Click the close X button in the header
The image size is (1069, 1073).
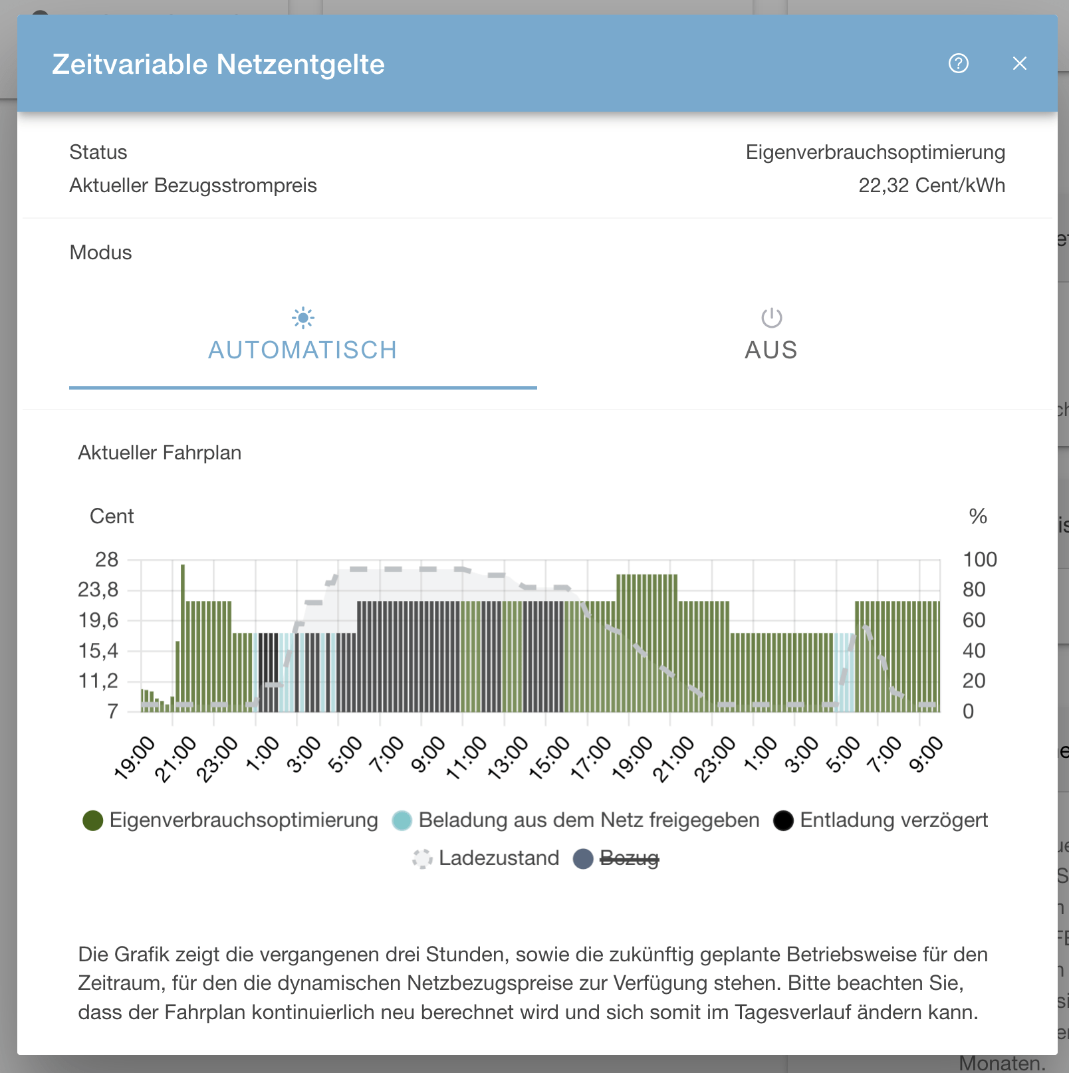[1019, 64]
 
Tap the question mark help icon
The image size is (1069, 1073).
[958, 64]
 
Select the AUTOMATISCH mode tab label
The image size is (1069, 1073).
[302, 350]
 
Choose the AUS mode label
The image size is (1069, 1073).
[771, 350]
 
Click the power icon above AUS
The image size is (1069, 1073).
[771, 318]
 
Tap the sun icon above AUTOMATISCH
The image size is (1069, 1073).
[303, 318]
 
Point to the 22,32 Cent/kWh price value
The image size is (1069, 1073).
[931, 185]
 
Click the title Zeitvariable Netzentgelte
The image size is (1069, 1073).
[218, 64]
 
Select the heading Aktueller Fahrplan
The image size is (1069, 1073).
[160, 453]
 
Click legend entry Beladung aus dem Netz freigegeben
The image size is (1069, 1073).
[588, 820]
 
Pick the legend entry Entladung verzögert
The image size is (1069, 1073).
[893, 820]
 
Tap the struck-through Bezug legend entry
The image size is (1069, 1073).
[629, 858]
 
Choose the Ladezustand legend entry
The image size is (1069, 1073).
[499, 858]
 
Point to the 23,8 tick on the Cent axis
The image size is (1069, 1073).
[98, 590]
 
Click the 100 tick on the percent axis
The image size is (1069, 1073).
[979, 560]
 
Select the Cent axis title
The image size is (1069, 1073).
[112, 517]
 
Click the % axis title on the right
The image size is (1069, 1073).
[977, 517]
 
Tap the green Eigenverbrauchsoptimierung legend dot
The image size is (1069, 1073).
[93, 820]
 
